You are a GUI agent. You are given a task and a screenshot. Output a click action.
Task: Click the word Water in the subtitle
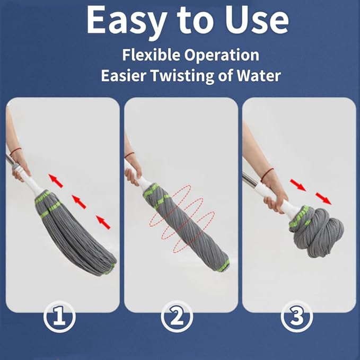pos(257,75)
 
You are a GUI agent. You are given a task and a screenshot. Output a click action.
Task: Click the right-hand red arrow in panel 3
pos(323,198)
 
